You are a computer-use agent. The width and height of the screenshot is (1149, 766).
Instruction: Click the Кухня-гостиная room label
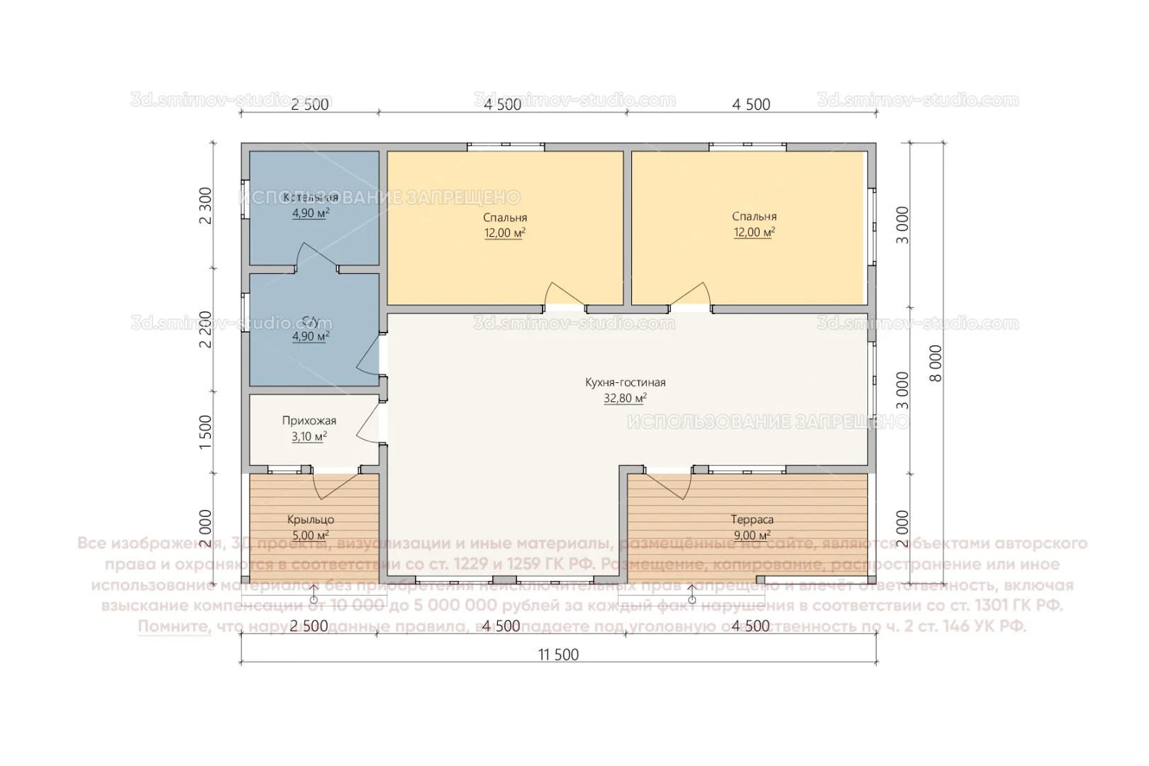click(x=625, y=382)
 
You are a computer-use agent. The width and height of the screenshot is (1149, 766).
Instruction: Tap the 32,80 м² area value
click(x=625, y=399)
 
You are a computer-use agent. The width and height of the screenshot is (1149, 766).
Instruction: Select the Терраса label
click(x=753, y=520)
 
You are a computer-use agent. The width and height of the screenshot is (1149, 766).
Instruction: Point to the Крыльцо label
click(x=311, y=520)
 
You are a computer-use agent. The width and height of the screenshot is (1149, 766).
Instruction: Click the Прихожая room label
click(x=309, y=421)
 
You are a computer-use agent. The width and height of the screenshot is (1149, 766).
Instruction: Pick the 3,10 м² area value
click(x=309, y=437)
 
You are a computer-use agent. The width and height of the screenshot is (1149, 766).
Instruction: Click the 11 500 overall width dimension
click(x=558, y=655)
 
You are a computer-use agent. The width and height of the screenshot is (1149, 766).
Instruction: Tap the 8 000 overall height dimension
click(x=936, y=364)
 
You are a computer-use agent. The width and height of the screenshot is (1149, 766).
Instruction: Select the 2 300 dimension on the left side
click(x=206, y=206)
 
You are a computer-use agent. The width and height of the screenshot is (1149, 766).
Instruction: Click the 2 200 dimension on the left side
click(x=206, y=329)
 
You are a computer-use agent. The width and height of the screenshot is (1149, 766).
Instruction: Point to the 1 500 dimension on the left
click(x=206, y=432)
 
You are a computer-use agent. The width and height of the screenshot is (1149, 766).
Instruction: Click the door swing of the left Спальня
click(x=565, y=295)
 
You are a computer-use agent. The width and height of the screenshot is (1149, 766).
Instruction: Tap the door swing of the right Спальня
click(x=691, y=295)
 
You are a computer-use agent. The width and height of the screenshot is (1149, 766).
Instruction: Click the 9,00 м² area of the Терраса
click(x=753, y=536)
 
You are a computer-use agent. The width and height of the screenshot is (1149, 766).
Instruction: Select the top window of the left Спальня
click(x=506, y=147)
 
